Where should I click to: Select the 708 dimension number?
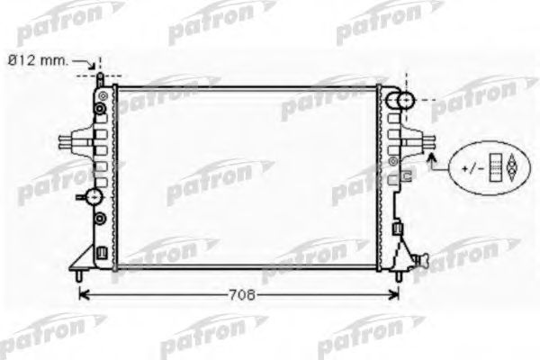click(x=240, y=295)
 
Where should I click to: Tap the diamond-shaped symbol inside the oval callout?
click(x=509, y=167)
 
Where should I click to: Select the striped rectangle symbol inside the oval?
click(x=494, y=167)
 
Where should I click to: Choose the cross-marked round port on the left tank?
click(x=94, y=197)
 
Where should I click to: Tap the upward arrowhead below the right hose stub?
click(x=431, y=158)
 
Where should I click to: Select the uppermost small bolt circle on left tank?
click(x=101, y=94)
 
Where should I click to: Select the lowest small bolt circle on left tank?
click(x=101, y=219)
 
